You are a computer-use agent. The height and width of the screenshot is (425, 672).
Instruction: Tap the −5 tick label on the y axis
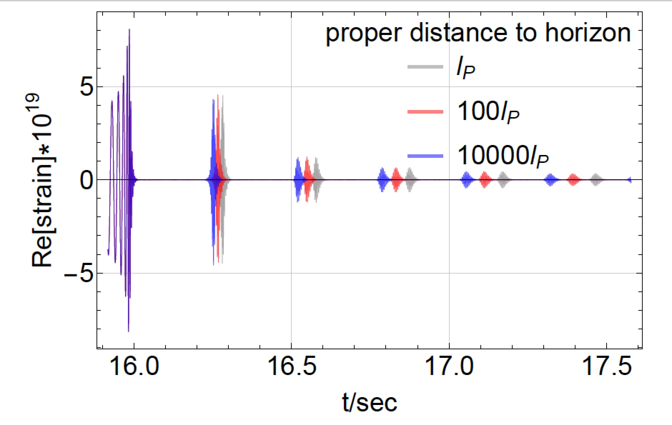pos(79,273)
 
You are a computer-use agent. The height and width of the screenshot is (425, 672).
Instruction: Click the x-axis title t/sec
pos(369,402)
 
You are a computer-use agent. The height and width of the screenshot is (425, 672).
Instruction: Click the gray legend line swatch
pos(425,67)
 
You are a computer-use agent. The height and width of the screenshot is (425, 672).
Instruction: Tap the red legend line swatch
pos(425,112)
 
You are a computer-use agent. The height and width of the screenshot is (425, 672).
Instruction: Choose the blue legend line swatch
pos(425,156)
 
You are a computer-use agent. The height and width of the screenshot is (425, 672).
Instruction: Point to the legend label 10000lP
pos(502,156)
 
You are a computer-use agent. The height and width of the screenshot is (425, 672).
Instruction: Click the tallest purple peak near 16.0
pos(129,30)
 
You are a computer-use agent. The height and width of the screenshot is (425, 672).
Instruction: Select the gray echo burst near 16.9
pos(410,180)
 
